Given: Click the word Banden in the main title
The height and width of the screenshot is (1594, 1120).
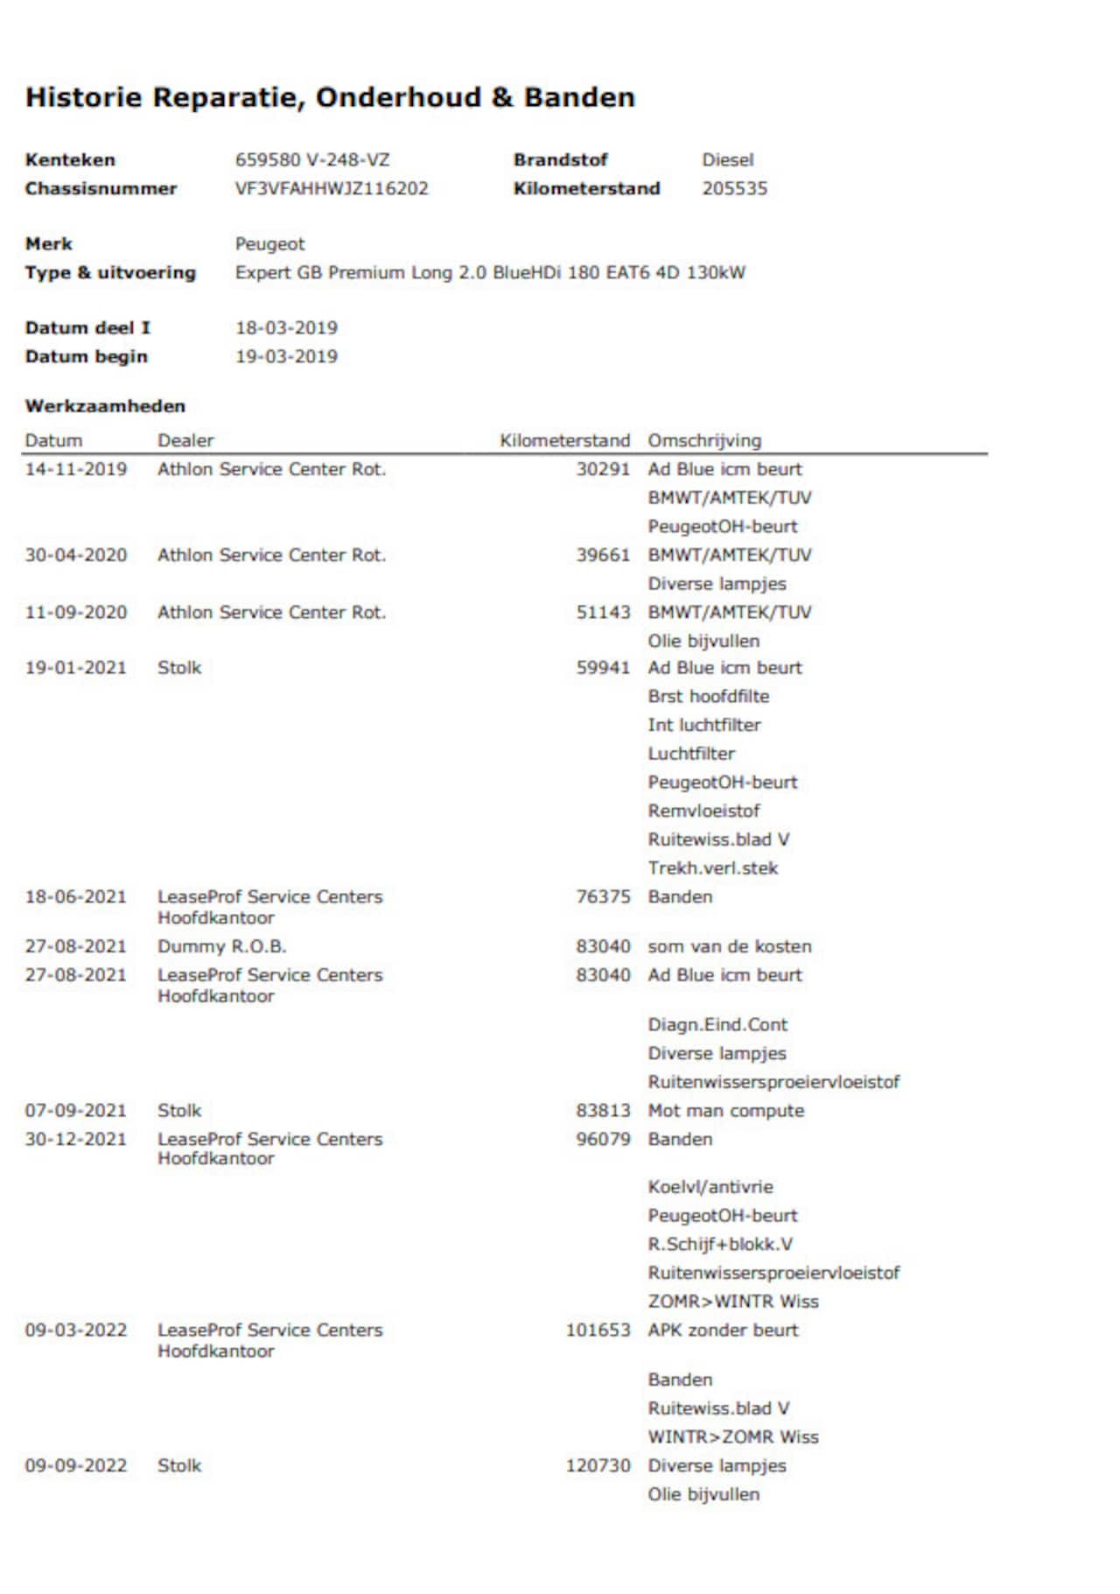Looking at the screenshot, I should pos(578,97).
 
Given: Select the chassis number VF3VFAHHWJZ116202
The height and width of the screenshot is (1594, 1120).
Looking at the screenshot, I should pos(332,189).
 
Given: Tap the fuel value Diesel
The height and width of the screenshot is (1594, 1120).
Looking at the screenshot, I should pos(727,160).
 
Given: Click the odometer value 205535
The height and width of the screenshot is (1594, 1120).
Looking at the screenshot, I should pos(734,189).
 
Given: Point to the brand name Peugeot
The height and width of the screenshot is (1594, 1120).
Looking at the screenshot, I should pos(269,244).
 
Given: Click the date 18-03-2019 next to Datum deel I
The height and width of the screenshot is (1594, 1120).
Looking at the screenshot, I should pos(286,328).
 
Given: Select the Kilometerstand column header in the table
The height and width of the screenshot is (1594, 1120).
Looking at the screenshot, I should pos(564,440).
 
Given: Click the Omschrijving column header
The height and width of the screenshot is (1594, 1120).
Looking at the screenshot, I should pos(704,440).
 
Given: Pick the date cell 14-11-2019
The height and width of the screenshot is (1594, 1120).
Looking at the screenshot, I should pos(76,469).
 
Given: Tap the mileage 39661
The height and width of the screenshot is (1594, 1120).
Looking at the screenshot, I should pos(603,555).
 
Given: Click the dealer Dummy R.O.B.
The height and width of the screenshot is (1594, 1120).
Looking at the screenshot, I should pos(221,946).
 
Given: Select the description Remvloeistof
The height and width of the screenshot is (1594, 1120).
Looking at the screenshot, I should pos(703,811).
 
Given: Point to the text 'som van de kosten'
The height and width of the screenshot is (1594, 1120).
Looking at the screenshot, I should pos(730,946).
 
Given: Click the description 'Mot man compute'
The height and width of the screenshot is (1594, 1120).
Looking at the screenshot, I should pos(725,1110).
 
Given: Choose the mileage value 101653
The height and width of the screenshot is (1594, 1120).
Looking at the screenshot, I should pos(598,1330).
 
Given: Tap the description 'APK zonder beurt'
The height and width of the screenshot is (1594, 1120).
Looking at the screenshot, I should pos(723,1330).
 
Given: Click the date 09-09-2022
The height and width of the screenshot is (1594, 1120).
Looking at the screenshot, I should pos(76,1465).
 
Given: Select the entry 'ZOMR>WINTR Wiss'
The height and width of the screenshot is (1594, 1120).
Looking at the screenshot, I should pos(733,1301).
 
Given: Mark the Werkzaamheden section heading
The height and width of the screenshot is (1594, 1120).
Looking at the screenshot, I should pos(105,406).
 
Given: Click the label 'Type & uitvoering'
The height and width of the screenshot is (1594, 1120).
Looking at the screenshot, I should pos(110,272).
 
